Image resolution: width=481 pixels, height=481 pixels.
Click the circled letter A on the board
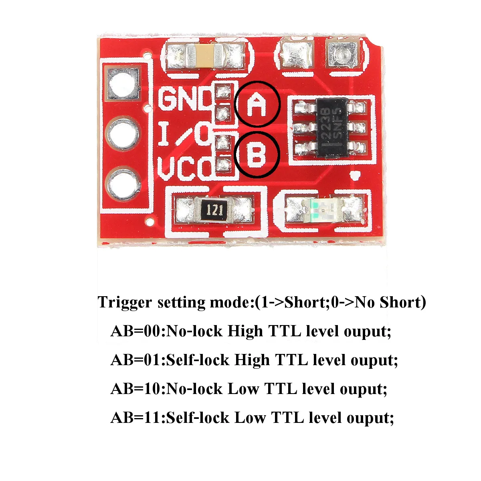point(257,104)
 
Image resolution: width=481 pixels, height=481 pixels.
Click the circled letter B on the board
point(257,154)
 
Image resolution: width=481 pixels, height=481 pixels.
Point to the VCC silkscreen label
point(184,169)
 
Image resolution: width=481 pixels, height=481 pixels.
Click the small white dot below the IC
point(354,175)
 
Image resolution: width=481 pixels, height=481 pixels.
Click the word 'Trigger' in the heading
point(125,303)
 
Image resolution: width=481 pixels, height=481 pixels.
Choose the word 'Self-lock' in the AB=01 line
point(197,360)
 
